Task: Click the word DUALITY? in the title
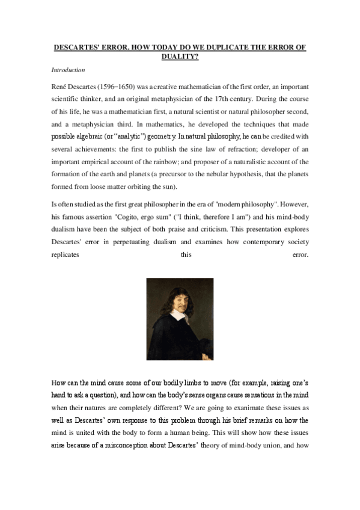point(180,57)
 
